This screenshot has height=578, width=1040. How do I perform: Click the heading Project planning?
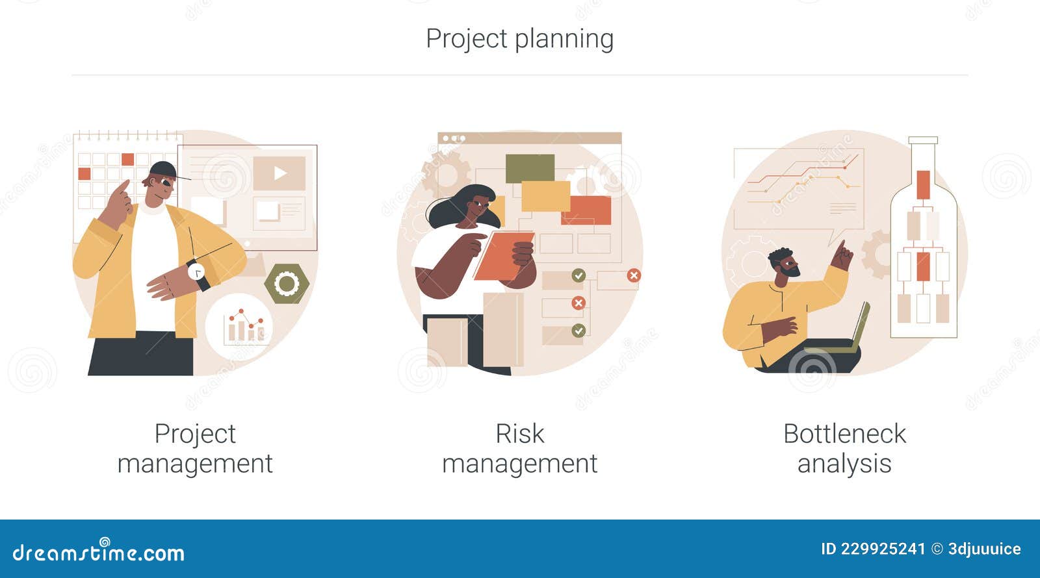(x=519, y=39)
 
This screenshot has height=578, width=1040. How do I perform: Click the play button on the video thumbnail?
(x=279, y=173)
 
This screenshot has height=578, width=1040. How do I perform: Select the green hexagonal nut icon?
(x=286, y=284)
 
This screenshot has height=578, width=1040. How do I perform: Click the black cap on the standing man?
(x=164, y=171)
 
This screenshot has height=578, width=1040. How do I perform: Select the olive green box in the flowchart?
(x=530, y=168)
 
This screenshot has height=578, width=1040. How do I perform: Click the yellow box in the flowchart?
(x=545, y=196)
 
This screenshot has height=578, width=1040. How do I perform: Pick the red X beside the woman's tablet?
(x=578, y=303)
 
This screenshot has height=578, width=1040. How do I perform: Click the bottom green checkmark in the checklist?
(x=578, y=331)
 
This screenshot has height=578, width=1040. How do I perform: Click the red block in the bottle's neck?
(x=923, y=184)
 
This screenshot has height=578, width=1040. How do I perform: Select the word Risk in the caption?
(x=519, y=434)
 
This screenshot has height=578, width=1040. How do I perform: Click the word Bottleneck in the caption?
(x=844, y=434)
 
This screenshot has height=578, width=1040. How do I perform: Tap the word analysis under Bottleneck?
(x=844, y=464)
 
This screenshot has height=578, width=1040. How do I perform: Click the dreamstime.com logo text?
(x=99, y=553)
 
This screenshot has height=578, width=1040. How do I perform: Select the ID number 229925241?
(x=883, y=549)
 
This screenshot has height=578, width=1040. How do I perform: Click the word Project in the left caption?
(x=195, y=434)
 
